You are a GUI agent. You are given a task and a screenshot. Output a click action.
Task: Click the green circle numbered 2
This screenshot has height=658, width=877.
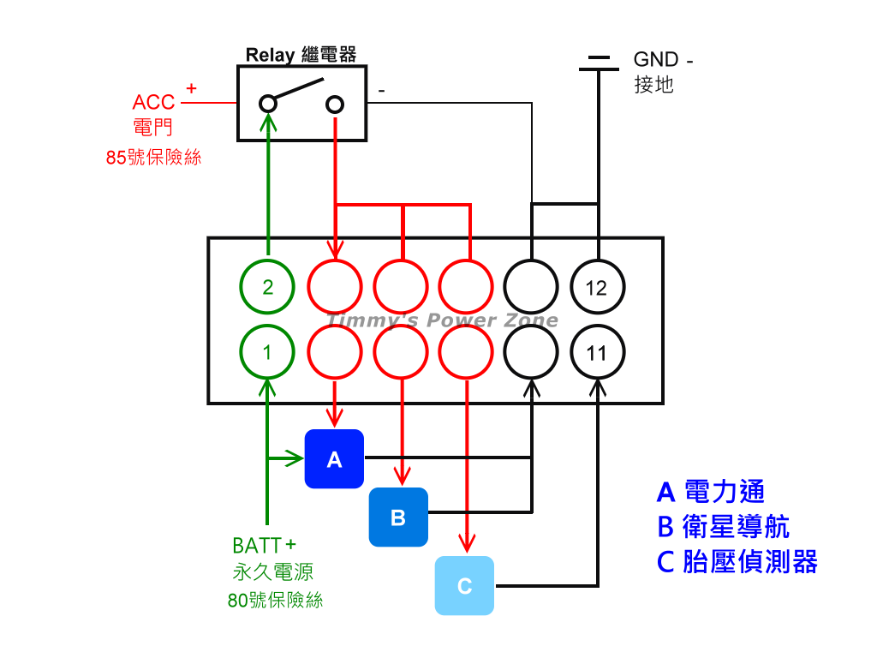point(268,287)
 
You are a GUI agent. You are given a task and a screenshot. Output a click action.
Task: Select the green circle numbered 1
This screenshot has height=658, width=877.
point(268,352)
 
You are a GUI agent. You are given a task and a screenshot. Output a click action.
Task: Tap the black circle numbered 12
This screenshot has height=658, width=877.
point(597,287)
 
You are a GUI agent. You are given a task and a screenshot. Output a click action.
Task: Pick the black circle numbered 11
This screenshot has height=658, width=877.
point(597,352)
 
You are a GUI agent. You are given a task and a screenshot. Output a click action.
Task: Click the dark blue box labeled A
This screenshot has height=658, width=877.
point(334,459)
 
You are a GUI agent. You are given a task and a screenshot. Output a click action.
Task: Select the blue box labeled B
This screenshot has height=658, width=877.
point(398,517)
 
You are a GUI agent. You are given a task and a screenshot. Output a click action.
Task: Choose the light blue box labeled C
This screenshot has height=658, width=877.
point(464,586)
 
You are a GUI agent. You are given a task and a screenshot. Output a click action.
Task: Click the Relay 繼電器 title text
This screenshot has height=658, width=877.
point(301,55)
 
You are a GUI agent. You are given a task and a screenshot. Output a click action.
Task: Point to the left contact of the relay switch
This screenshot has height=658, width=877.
point(268,105)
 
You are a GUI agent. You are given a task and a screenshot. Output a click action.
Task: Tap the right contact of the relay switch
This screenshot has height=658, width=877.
point(335,105)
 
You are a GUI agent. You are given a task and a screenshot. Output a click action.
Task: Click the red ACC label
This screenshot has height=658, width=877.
point(154,103)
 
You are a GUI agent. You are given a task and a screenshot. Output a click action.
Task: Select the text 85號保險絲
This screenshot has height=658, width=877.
point(154,158)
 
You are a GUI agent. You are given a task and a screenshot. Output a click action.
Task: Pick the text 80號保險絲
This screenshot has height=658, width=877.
point(276,601)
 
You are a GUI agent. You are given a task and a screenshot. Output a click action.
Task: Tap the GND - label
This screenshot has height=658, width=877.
point(663,60)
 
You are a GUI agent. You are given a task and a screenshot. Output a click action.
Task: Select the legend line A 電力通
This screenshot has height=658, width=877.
point(710,492)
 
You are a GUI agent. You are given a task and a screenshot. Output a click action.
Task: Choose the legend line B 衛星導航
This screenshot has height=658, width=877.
point(723,526)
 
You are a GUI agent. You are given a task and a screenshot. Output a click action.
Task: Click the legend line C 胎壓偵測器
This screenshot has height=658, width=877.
point(737,561)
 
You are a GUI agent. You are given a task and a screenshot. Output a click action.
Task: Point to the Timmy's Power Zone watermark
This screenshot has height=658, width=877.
point(443,320)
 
